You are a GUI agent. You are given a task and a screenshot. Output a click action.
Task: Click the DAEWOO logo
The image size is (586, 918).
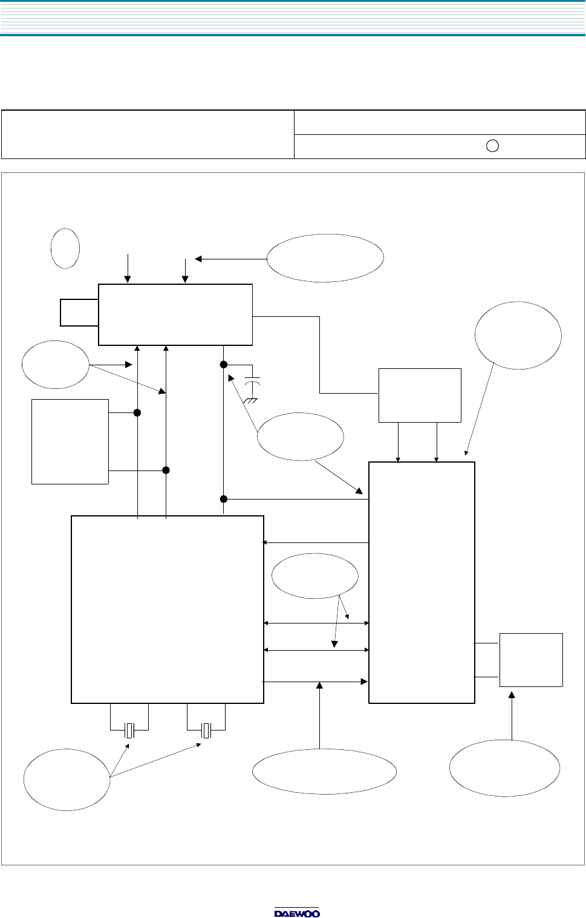[x=297, y=913]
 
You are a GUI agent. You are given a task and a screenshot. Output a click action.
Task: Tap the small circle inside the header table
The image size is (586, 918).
[x=492, y=146]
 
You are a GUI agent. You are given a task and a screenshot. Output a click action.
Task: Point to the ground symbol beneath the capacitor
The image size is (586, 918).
[x=250, y=400]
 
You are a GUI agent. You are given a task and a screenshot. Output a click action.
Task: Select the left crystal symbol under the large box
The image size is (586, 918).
[x=129, y=731]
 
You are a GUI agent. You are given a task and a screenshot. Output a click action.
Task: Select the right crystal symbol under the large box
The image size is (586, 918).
[x=206, y=731]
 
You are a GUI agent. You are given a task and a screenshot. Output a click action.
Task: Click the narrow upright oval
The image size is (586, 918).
[x=65, y=249]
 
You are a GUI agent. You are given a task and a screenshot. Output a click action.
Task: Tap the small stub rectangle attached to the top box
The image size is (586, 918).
[x=79, y=313]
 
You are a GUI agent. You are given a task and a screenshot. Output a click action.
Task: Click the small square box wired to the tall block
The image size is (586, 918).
[x=531, y=660]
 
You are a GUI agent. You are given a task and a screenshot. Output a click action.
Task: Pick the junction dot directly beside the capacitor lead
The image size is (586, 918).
[x=223, y=364]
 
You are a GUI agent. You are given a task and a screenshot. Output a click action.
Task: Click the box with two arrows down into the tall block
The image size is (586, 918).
[x=420, y=396]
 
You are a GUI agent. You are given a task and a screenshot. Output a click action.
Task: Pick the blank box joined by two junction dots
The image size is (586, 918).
[x=70, y=442]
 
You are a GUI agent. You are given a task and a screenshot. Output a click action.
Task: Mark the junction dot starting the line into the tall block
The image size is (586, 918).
[x=223, y=499]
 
